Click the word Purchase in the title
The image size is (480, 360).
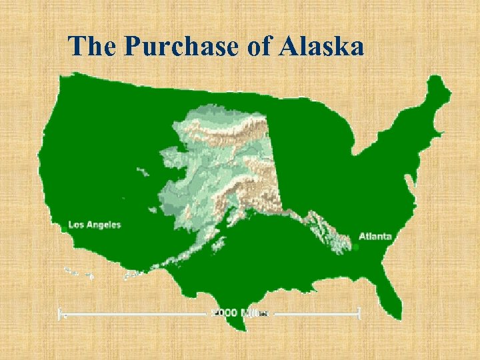181,47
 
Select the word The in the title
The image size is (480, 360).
93,47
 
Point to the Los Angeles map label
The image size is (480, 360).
95,225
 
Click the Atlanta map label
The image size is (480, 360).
375,236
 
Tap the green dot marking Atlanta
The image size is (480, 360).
356,247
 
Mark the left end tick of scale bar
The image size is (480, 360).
61,313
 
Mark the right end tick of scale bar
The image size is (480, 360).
359,313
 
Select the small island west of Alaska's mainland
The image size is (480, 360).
142,172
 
